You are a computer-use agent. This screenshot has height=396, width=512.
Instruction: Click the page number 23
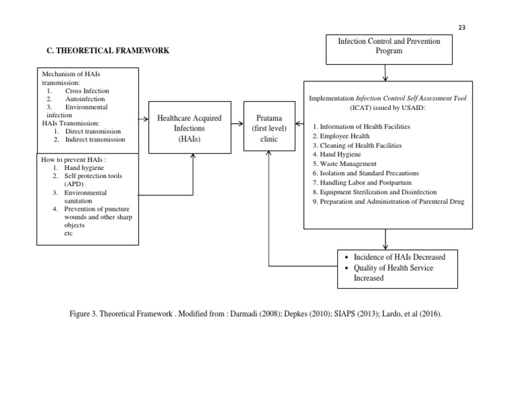tap(462, 27)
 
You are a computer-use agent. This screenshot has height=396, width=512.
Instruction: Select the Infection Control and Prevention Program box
tap(389, 46)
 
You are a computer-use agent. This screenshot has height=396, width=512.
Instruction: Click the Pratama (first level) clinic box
tap(269, 128)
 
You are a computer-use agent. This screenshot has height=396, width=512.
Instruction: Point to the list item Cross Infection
tap(87, 91)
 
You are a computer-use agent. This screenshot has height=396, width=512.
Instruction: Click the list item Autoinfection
tap(85, 99)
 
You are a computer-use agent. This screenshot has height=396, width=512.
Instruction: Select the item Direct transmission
tap(93, 131)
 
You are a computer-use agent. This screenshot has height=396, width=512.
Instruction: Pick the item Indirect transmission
tap(95, 139)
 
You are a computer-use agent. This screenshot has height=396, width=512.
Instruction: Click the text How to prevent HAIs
tap(73, 160)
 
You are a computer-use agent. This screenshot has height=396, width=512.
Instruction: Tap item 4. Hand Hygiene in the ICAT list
tap(343, 154)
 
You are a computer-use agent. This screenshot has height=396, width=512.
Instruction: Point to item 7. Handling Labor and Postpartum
tap(369, 182)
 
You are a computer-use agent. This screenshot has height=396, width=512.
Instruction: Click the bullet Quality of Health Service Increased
tap(393, 273)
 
